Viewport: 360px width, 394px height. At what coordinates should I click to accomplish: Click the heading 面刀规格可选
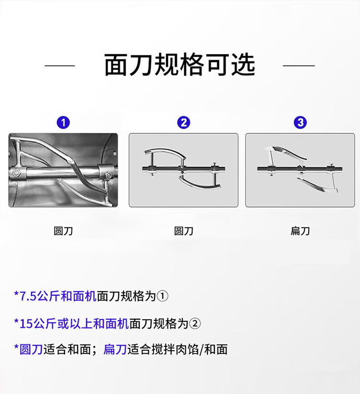coord(180,65)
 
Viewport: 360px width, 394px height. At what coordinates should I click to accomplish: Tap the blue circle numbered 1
coord(63,123)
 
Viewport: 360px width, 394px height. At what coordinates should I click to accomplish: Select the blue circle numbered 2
coord(184,123)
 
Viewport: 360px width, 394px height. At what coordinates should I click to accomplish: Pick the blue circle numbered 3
coord(300,123)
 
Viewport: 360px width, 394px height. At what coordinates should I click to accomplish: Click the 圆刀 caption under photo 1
coord(63,231)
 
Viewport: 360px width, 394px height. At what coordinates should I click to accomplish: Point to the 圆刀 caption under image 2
coord(184,231)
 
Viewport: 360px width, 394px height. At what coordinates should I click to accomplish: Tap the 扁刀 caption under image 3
coord(300,231)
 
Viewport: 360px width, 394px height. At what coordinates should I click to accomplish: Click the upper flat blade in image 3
coord(289,152)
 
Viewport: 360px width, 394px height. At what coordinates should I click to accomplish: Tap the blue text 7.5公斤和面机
coord(55,296)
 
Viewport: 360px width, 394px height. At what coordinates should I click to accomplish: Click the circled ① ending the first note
coord(162,296)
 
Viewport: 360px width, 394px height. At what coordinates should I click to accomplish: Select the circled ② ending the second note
coord(195,323)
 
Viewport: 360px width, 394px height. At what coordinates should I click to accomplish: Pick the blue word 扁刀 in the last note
coord(115,349)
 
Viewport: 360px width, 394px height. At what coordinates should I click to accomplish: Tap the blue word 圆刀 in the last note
coord(31,349)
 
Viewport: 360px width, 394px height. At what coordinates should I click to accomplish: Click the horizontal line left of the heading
coord(60,66)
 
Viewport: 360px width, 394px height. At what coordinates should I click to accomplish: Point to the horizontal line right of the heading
coord(299,66)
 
